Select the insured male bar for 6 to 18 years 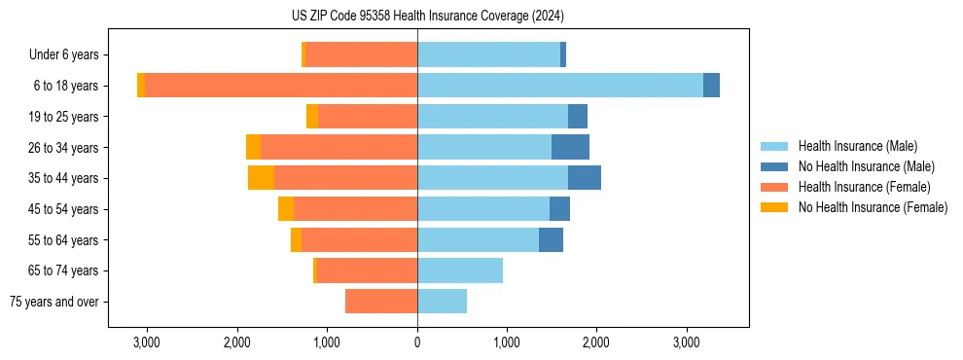coord(559,86)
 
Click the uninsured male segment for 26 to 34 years coord(570,147)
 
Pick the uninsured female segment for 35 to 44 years coord(261,178)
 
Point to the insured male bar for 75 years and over coord(442,302)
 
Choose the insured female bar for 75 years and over coord(381,302)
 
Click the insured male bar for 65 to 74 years coord(460,270)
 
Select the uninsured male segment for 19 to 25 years coord(578,117)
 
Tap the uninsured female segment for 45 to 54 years coord(286,209)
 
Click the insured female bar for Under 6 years coord(361,54)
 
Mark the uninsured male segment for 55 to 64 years coord(551,239)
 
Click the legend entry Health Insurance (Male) coord(857,146)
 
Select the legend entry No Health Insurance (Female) coord(873,207)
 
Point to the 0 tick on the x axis coord(417,342)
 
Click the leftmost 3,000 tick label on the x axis coord(147,342)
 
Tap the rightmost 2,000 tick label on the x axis coord(596,342)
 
